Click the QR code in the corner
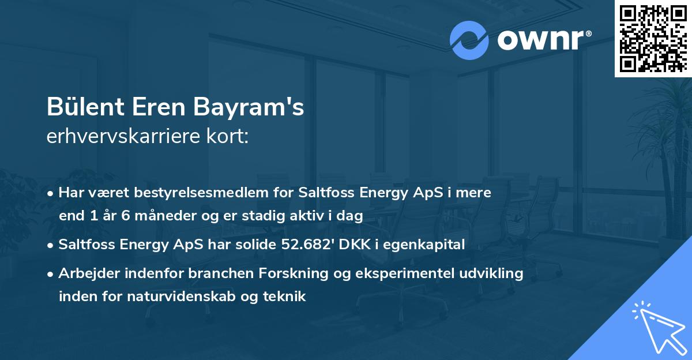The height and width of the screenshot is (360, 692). click(653, 38)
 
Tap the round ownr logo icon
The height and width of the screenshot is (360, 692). click(469, 40)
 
